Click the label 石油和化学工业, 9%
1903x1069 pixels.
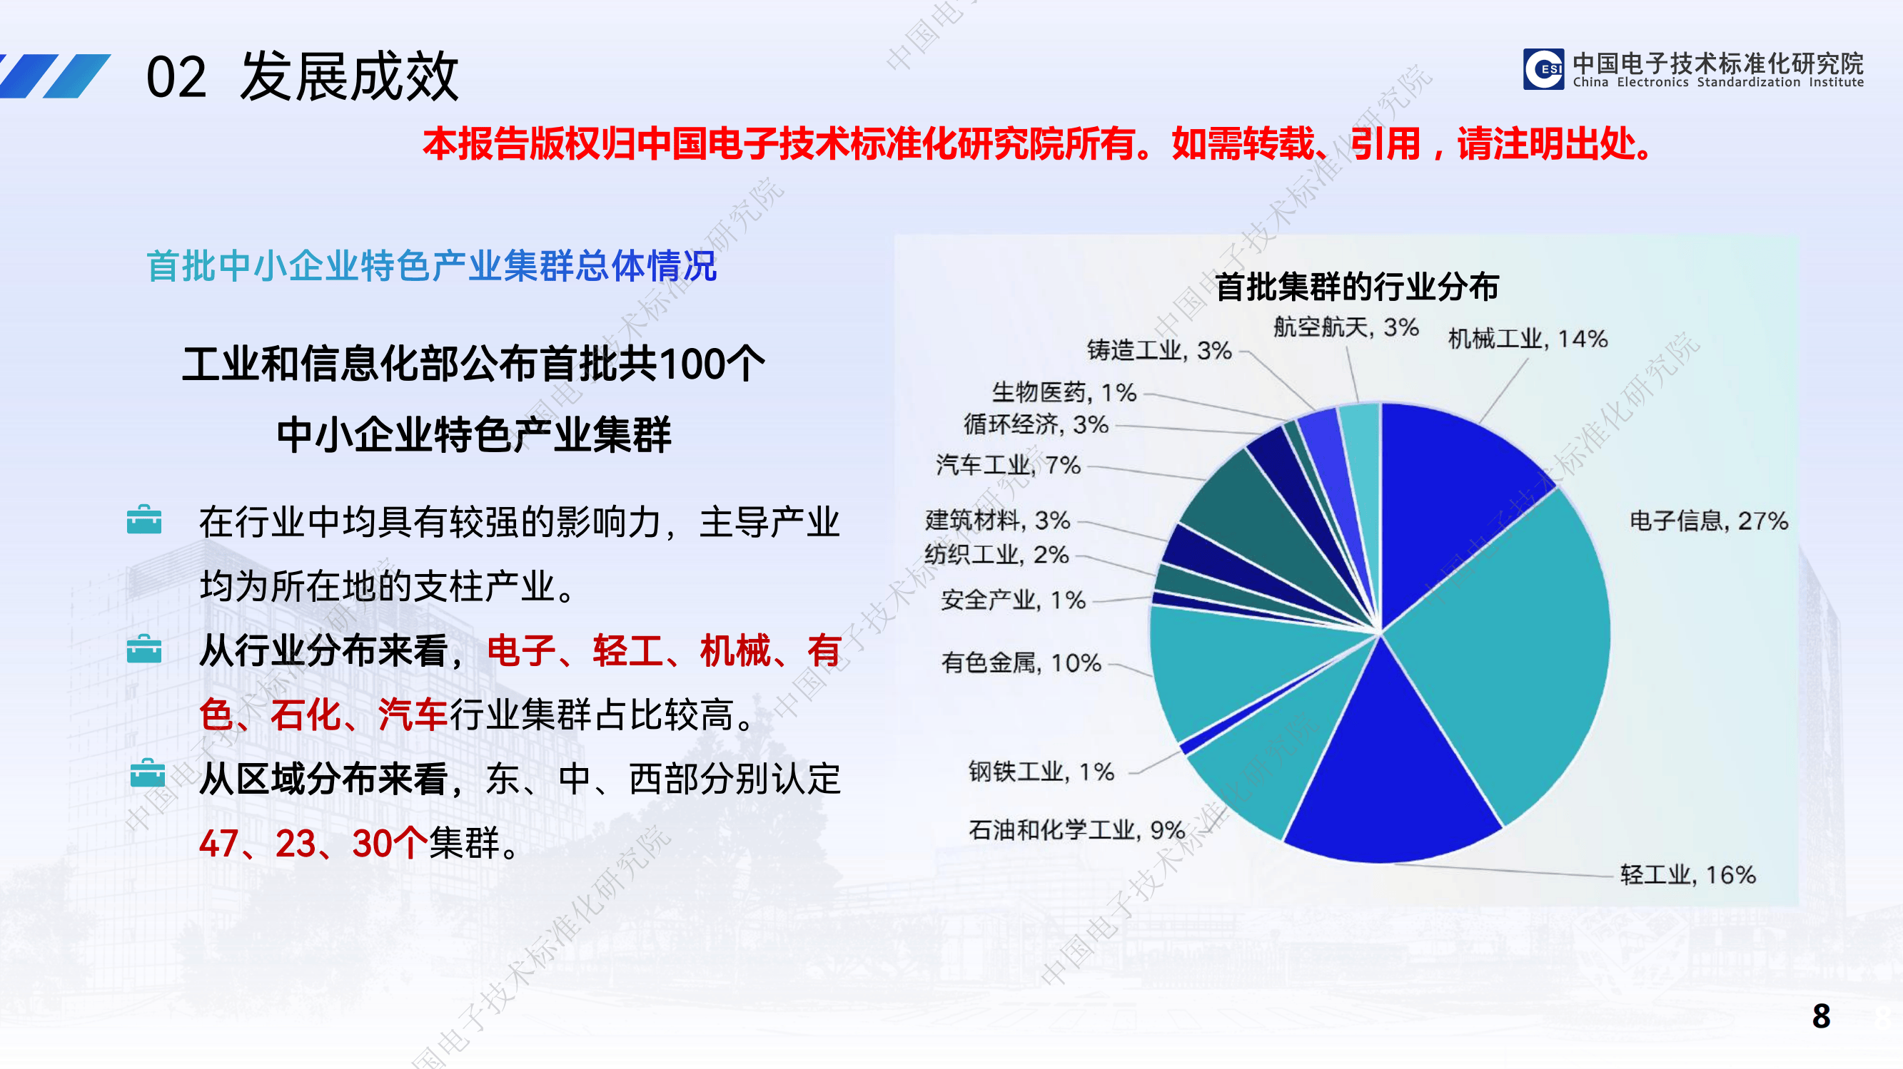1076,830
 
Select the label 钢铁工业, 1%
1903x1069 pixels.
1041,772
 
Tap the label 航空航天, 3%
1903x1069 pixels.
1346,327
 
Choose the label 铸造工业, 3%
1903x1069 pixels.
1159,350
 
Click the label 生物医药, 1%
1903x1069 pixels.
1064,392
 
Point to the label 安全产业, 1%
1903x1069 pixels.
1013,600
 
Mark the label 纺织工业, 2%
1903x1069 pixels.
996,554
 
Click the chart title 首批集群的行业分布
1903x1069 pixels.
1356,287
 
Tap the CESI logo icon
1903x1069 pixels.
1543,69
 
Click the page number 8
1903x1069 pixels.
1821,1016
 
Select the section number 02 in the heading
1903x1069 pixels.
176,78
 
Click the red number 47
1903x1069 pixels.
218,843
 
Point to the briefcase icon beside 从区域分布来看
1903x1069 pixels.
147,774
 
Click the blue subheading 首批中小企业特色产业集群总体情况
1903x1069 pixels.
431,266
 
